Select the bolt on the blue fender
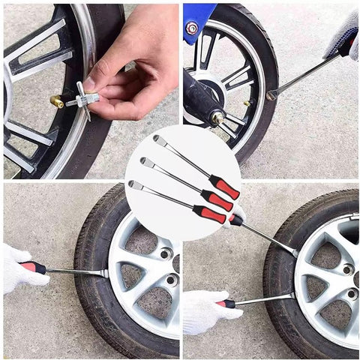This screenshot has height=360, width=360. pyautogui.click(x=193, y=28)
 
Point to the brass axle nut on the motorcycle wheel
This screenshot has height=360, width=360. pyautogui.click(x=217, y=117)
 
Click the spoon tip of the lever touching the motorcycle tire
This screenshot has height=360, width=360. pyautogui.click(x=271, y=94)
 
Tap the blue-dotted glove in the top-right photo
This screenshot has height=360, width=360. pyautogui.click(x=344, y=37)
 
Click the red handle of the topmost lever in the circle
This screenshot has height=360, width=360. pyautogui.click(x=224, y=185)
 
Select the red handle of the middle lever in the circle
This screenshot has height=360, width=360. pyautogui.click(x=218, y=199)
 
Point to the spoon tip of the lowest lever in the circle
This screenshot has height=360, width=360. pyautogui.click(x=135, y=184)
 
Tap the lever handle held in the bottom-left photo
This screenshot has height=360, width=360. pyautogui.click(x=33, y=267)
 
